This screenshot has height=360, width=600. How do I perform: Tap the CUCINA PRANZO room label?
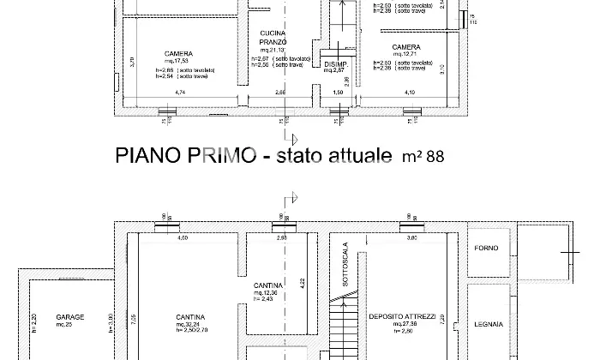(x=272, y=38)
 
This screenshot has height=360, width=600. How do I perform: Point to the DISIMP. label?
(x=334, y=64)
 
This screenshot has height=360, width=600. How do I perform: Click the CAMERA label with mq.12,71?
(x=405, y=47)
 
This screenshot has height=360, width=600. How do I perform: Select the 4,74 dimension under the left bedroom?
(x=180, y=92)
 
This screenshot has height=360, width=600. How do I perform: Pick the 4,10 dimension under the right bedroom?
(x=410, y=92)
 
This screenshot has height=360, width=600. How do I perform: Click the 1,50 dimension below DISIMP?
(x=337, y=92)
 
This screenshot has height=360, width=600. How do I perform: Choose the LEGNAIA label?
(x=489, y=325)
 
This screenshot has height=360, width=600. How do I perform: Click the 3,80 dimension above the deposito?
(x=411, y=237)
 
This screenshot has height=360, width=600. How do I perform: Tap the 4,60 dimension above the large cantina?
(x=183, y=237)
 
